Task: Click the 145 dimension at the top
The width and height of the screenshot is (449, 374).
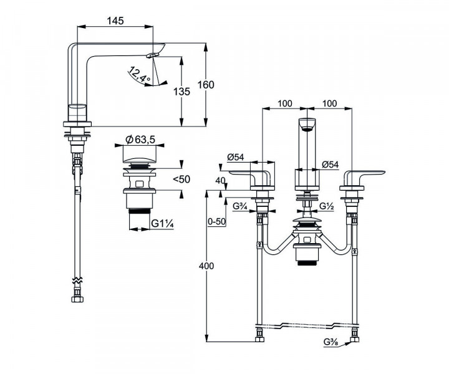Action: (114, 21)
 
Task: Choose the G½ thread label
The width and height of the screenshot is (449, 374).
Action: (327, 206)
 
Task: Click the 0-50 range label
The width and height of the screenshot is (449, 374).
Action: (216, 221)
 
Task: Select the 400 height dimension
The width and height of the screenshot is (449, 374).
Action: (206, 266)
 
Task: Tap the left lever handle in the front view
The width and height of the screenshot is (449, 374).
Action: (252, 175)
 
